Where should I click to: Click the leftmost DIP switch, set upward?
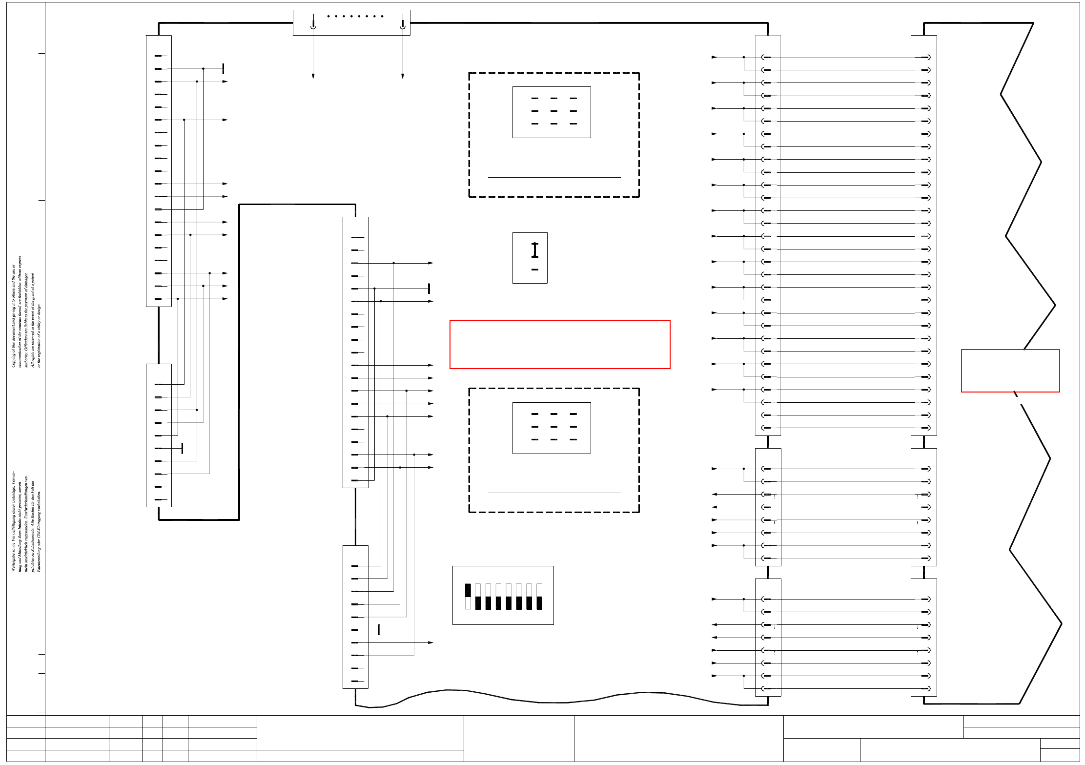(468, 596)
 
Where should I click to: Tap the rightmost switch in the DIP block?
(539, 597)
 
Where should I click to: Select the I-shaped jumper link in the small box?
(535, 250)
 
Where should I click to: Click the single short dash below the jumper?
(535, 269)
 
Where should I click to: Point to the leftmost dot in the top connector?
(328, 16)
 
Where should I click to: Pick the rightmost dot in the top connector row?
(382, 16)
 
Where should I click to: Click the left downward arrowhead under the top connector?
(313, 76)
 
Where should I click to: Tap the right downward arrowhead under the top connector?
(403, 76)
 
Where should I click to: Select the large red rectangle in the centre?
(560, 344)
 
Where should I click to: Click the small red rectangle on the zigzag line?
(1010, 371)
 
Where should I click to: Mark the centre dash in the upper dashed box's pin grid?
(553, 111)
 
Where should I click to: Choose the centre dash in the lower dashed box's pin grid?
(553, 427)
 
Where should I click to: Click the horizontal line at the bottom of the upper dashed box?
(554, 177)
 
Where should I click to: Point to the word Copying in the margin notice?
(13, 359)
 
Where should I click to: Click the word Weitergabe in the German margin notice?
(13, 561)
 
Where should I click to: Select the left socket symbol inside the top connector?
(313, 25)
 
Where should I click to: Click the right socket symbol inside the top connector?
(403, 25)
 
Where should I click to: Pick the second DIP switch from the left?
(478, 597)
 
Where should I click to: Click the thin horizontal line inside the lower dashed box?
(554, 493)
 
